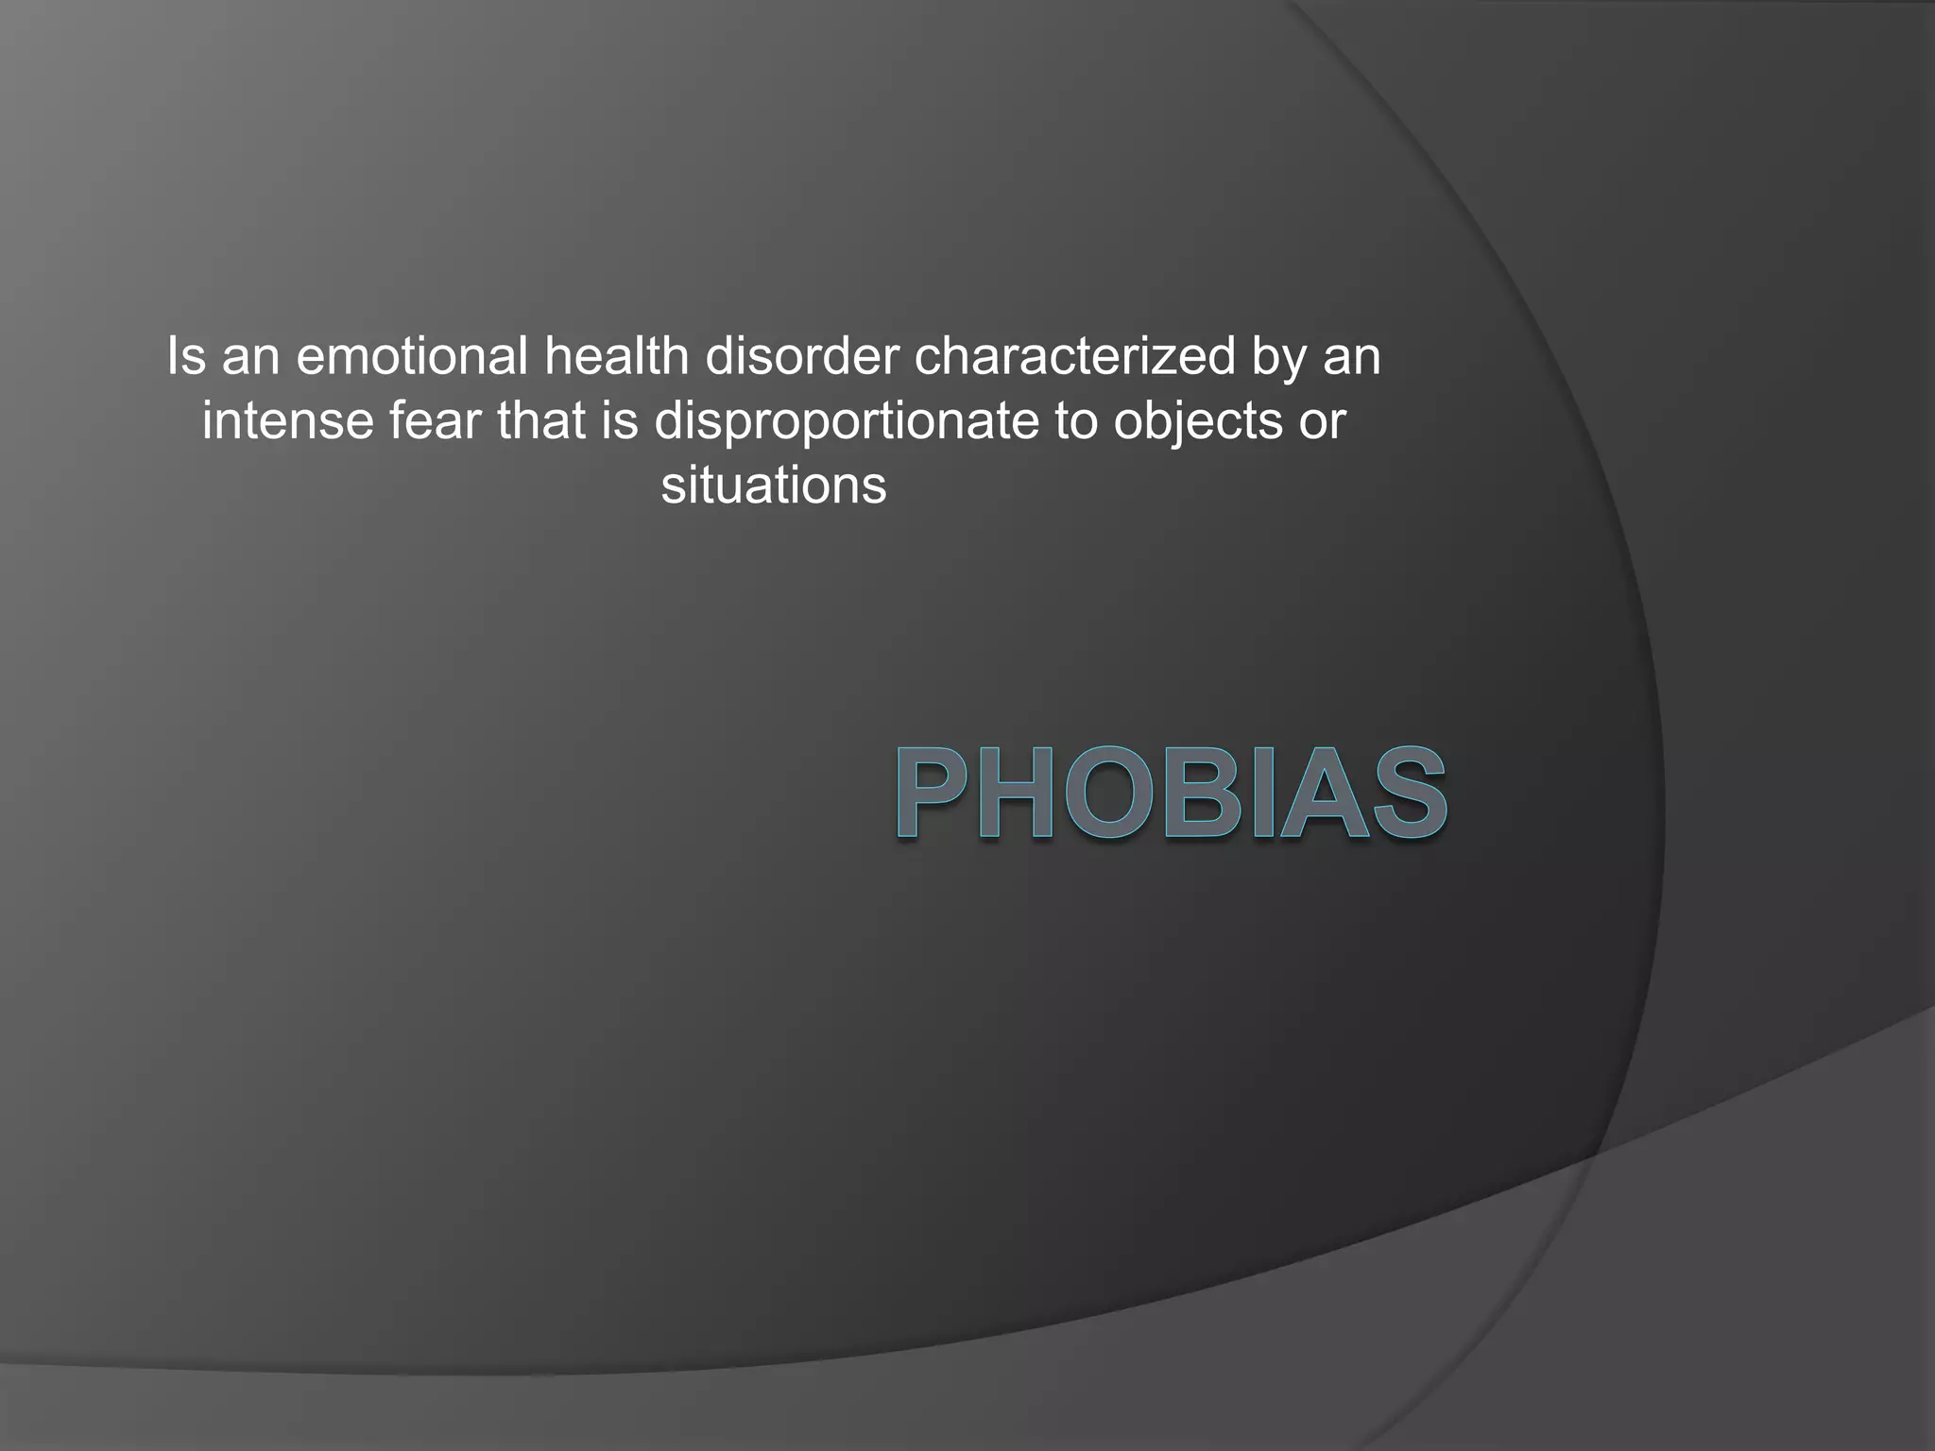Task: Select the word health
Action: coord(616,357)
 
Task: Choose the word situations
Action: coord(774,486)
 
